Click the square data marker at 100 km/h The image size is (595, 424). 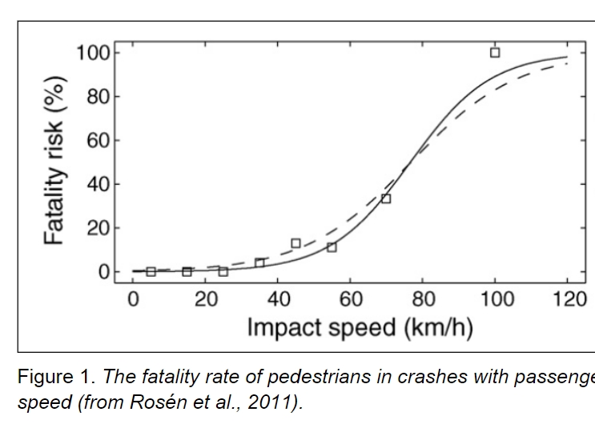click(x=495, y=53)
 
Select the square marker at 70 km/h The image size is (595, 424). click(x=386, y=198)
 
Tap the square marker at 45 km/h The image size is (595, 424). click(x=295, y=243)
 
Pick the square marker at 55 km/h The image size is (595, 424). click(x=332, y=247)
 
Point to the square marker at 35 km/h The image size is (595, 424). click(x=259, y=262)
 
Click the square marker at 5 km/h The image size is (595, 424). click(x=151, y=271)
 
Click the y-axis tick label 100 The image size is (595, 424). click(x=92, y=54)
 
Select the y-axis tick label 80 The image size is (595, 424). click(x=98, y=97)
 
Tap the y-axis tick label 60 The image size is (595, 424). click(x=98, y=141)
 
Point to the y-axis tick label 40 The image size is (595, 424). click(x=98, y=185)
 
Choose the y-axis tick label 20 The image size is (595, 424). click(x=98, y=229)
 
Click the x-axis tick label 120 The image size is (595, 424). click(x=569, y=300)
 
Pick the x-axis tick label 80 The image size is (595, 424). click(x=424, y=300)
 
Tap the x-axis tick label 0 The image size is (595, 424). click(x=133, y=300)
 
